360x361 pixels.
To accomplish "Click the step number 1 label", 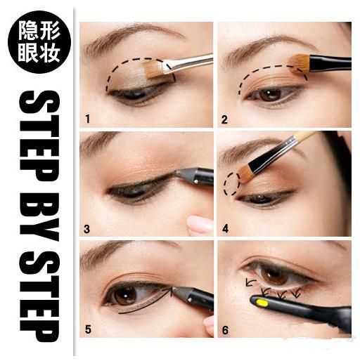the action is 87,119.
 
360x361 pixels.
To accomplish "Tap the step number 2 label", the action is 224,119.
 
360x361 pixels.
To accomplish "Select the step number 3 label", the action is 86,229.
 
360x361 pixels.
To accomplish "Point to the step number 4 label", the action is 225,228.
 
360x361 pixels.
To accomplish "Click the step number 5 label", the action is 88,329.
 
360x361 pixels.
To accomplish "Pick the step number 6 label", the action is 225,330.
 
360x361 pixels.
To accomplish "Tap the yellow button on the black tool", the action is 262,303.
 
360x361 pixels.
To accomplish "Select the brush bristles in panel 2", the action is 300,63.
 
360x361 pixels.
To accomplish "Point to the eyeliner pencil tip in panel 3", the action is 179,173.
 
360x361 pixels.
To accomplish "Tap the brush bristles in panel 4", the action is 244,173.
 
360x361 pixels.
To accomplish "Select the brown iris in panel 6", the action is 274,274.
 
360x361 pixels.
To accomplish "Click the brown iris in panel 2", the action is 270,95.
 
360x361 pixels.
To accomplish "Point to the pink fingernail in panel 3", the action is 200,224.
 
